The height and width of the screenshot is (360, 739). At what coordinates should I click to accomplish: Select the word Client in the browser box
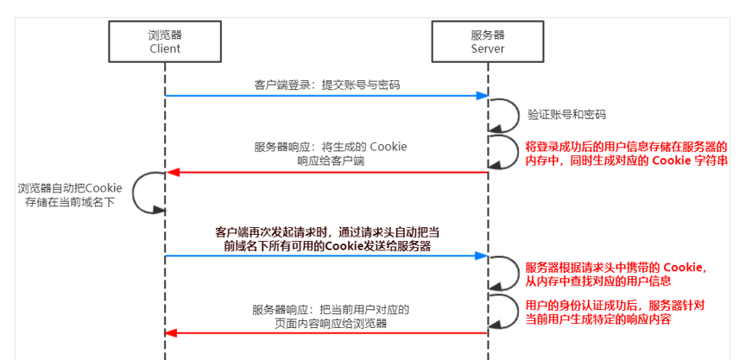point(164,49)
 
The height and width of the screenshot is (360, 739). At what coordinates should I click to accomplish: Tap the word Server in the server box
point(487,49)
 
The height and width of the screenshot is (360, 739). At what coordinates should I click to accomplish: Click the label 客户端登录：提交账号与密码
point(326,85)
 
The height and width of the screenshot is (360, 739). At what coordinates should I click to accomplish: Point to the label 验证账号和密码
point(566,114)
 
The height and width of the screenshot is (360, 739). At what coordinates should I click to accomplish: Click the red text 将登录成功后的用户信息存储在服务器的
point(626,147)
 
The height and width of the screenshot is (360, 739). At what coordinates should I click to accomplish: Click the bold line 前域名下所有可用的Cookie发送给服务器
point(324,247)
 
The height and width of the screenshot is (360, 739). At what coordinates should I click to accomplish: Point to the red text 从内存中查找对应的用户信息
point(598,281)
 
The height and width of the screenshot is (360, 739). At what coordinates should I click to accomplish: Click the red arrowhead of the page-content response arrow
point(171,332)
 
